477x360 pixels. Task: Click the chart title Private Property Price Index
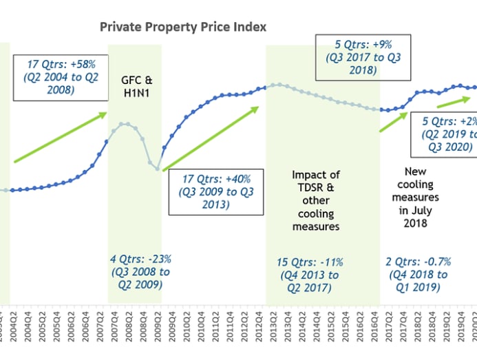point(183,27)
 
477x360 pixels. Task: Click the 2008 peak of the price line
point(125,124)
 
